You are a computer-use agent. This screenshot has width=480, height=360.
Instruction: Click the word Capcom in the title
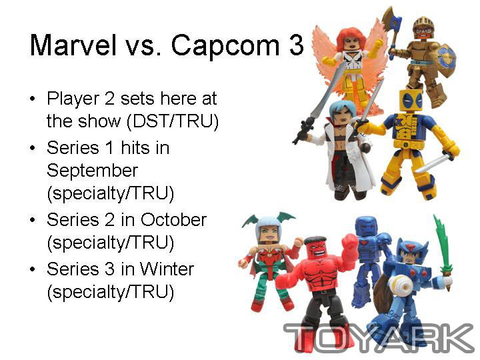pos(225,46)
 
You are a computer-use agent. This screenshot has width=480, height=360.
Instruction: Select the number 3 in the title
pos(295,45)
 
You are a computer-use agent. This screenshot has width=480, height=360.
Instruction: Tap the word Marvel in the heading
pos(73,45)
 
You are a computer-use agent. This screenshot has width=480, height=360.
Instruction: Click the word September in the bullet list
pos(92,171)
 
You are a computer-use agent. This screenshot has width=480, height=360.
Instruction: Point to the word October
pos(173,219)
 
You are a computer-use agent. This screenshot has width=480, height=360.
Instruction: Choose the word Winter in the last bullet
pos(167,269)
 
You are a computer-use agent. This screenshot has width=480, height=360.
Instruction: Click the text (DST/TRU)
pos(173,121)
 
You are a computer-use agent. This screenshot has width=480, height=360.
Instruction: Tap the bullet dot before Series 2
pos(33,220)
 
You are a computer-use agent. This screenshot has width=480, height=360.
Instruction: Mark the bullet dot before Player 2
pos(33,99)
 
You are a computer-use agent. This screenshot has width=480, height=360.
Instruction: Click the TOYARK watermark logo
pos(379,337)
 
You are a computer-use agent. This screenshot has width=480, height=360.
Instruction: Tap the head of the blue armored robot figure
pos(367,227)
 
